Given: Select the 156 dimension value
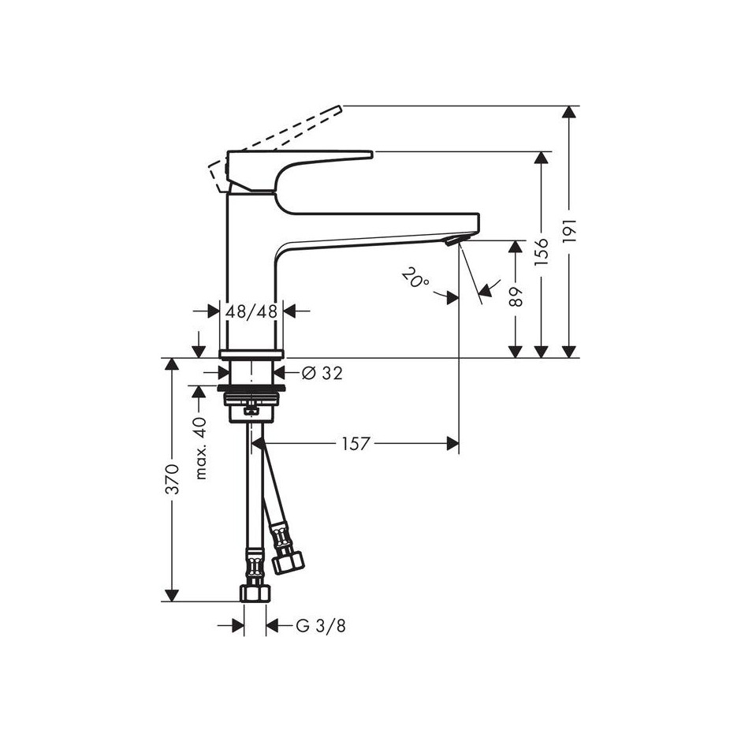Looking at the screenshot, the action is [542, 251].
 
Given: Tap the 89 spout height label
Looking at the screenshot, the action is [516, 296].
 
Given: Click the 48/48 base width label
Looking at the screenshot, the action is [251, 311].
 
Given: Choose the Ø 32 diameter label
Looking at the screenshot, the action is [322, 374].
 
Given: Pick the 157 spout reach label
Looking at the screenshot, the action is [356, 444].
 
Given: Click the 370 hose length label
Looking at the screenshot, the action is [174, 479].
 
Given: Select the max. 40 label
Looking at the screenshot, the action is [201, 449].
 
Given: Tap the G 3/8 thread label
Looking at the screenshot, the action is [321, 626].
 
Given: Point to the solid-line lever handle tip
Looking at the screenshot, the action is [371, 155].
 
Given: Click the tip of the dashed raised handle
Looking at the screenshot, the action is [338, 109].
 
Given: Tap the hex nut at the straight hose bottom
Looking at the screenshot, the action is [255, 593].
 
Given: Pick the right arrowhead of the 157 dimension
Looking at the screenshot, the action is [452, 444].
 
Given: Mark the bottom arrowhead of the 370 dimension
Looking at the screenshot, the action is [173, 595].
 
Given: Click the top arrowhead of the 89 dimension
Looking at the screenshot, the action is [516, 247].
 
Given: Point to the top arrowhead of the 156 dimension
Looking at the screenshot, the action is [541, 158].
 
